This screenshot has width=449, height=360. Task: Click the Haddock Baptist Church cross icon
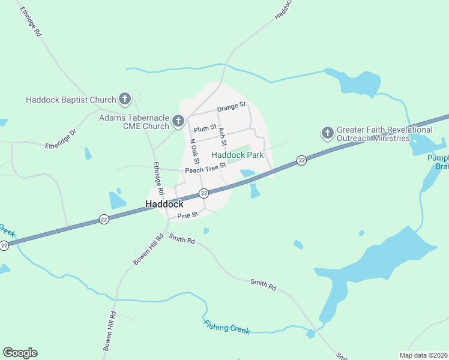click(125, 98)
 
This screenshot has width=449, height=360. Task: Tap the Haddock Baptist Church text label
click(71, 100)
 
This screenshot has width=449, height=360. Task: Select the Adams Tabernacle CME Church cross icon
click(178, 122)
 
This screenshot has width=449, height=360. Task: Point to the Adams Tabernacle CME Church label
click(134, 122)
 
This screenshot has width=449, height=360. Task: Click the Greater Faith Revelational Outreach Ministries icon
click(327, 133)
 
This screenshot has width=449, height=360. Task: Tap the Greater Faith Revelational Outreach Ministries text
click(384, 134)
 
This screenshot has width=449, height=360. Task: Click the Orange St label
click(232, 106)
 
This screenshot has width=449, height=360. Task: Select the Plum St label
click(205, 128)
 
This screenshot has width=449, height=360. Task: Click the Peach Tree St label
click(205, 170)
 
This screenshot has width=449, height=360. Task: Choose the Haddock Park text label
click(238, 155)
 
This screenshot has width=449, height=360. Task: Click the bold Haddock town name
click(164, 205)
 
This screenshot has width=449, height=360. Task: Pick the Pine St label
click(187, 214)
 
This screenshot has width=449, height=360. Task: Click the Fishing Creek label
click(226, 328)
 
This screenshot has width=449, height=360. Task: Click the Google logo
click(20, 353)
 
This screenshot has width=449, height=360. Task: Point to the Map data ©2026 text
click(423, 355)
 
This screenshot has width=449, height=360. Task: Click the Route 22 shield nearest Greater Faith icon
click(301, 160)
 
